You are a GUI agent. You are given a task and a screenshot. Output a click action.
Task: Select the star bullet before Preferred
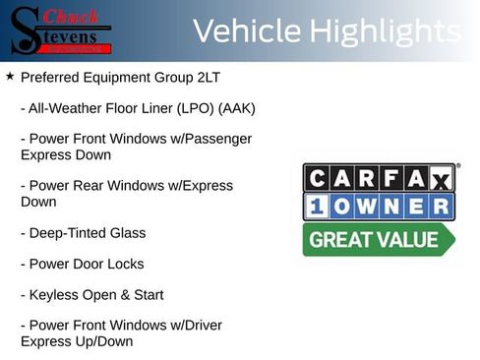[x=9, y=76]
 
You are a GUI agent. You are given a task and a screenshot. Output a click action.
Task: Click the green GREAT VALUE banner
[x=378, y=240]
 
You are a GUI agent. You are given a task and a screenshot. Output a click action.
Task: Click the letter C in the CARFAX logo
[x=319, y=178]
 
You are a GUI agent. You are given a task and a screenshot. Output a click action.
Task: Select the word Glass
[x=127, y=233]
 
